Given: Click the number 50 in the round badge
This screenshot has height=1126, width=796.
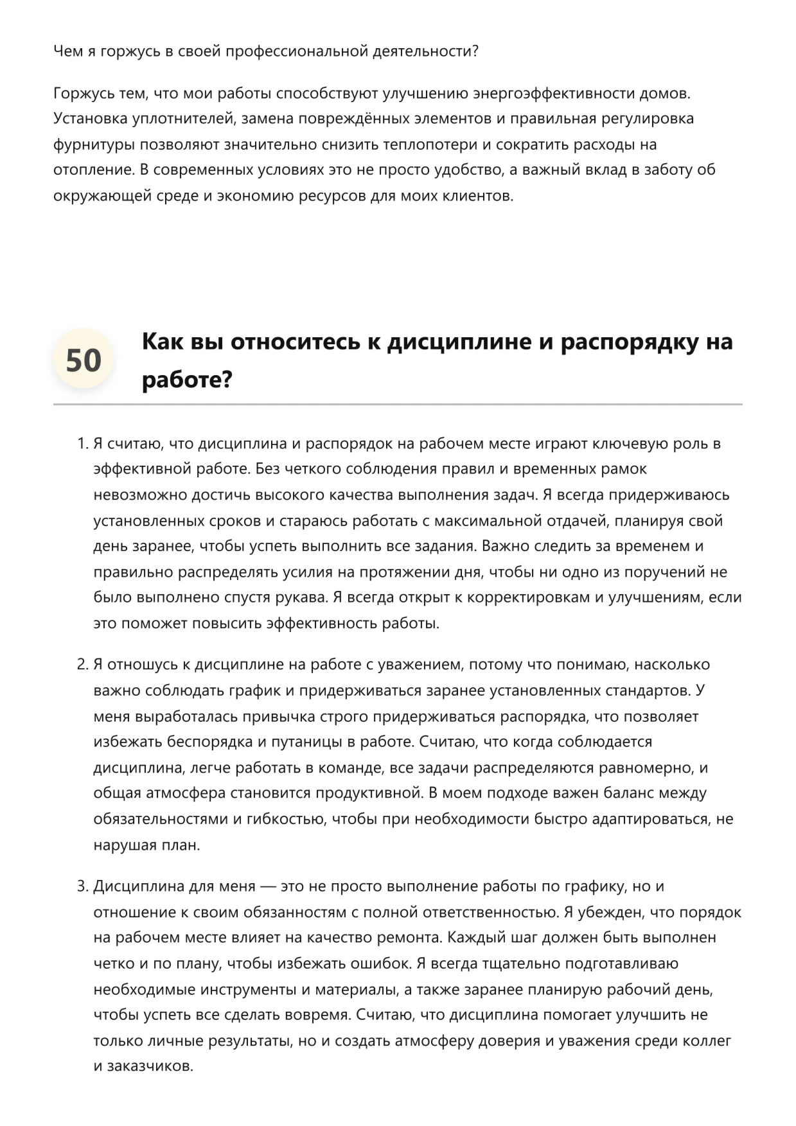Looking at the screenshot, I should tap(84, 360).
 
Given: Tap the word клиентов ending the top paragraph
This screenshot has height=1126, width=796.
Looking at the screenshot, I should tap(476, 196).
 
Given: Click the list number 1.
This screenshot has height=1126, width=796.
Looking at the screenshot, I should tap(82, 443).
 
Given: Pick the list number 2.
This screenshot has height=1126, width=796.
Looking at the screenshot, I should tap(82, 664).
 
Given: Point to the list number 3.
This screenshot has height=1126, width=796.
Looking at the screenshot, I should tap(82, 886).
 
